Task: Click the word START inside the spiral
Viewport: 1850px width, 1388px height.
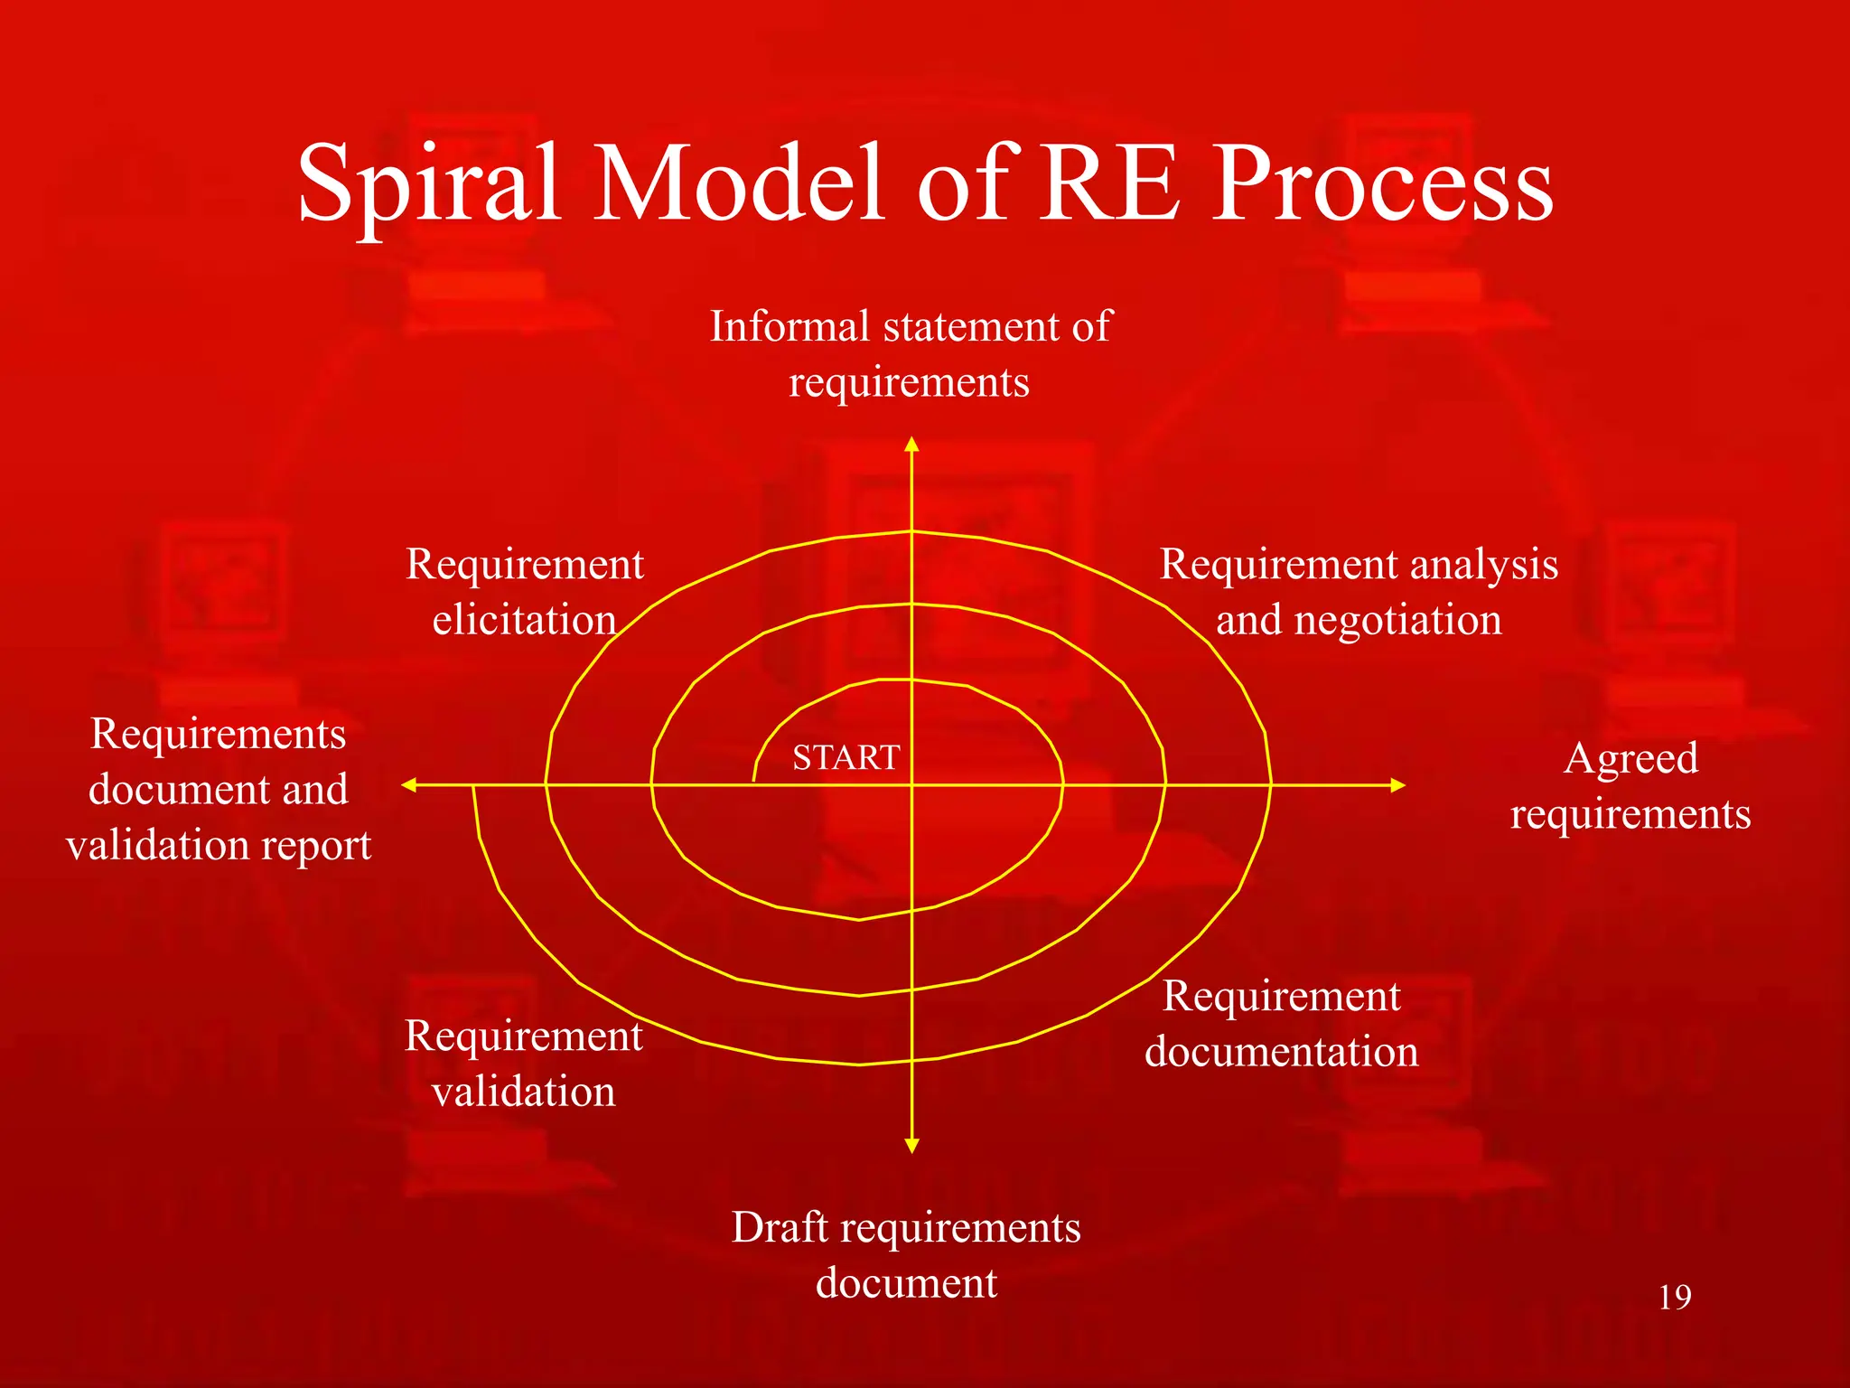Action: point(846,757)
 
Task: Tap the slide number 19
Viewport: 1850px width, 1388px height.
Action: point(1674,1298)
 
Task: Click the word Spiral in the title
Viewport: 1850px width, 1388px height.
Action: point(428,185)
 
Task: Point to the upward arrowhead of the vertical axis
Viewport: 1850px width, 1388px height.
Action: point(911,445)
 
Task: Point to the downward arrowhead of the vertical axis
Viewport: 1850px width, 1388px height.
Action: point(911,1145)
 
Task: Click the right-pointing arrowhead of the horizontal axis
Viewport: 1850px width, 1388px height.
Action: point(1397,785)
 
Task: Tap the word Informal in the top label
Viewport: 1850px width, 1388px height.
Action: point(790,326)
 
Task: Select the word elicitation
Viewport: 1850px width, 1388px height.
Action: point(524,621)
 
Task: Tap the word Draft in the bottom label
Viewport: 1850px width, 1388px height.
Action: point(780,1227)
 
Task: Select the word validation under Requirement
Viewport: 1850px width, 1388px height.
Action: point(524,1092)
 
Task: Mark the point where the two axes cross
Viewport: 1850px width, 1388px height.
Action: point(911,785)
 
